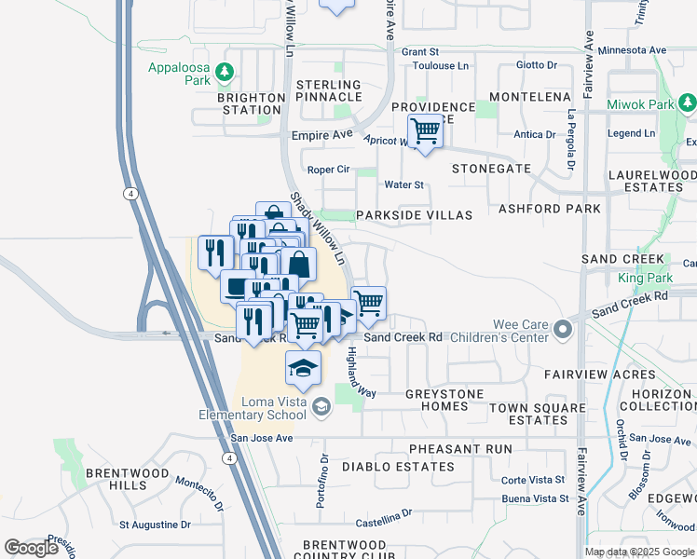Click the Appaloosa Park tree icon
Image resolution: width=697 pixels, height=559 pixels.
coord(224,72)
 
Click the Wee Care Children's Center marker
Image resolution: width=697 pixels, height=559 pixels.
coord(562,330)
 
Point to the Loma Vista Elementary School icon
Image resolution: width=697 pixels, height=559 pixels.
coord(321,405)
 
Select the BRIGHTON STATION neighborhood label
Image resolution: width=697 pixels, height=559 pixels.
coord(251,103)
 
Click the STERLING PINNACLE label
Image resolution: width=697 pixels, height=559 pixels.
coord(328,90)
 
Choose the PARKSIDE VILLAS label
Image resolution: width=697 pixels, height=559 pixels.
coord(415,215)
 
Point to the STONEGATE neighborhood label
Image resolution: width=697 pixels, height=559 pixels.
coord(491,170)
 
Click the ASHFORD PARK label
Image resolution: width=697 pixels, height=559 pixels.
coord(550,209)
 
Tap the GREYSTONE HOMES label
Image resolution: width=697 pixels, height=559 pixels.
coord(444,400)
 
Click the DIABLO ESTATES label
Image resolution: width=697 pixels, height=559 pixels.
coord(399,466)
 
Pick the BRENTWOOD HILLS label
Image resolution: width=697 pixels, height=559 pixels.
coord(128,479)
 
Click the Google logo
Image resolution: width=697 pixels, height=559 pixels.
coord(31,548)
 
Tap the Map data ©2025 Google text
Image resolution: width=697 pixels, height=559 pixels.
coord(639,552)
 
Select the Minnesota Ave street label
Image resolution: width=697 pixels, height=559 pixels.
coord(633,50)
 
